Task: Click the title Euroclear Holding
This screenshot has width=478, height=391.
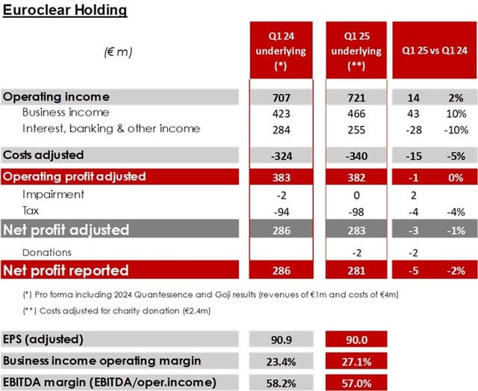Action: click(65, 10)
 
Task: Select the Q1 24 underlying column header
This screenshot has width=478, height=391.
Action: click(280, 51)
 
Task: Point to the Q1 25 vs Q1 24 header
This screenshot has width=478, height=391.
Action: click(432, 51)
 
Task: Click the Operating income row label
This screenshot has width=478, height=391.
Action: click(56, 97)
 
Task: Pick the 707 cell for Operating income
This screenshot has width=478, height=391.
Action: click(280, 98)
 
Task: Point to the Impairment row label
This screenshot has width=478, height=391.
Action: click(53, 194)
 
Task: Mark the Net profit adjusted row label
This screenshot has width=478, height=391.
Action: click(66, 230)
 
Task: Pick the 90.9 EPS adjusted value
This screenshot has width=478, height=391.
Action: click(280, 340)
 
